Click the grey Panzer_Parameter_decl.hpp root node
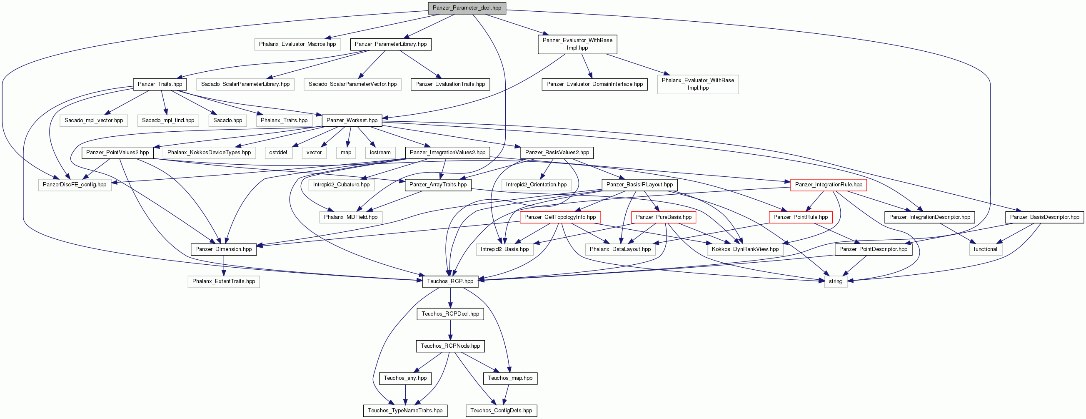point(467,8)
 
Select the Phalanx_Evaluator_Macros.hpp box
point(297,44)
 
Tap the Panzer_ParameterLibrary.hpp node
point(390,44)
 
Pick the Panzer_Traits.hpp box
point(160,84)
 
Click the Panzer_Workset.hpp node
point(352,120)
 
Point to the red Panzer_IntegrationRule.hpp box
point(829,185)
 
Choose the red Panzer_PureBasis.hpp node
point(664,217)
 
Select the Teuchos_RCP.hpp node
point(450,281)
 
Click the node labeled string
point(836,281)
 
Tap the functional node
point(985,249)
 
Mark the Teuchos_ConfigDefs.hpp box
point(501,411)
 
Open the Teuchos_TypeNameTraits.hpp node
point(405,411)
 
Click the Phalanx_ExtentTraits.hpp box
point(223,281)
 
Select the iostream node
point(380,153)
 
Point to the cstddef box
point(278,153)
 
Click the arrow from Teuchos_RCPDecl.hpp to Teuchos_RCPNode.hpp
point(450,330)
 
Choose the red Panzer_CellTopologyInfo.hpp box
point(560,217)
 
